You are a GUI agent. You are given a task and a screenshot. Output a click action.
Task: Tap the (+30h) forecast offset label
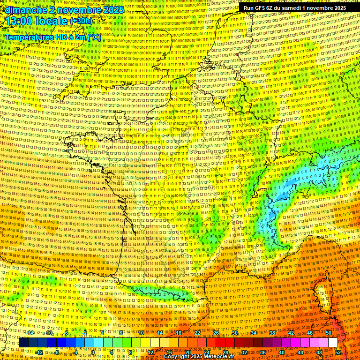81,21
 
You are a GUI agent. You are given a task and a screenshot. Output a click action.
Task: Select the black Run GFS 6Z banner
294,8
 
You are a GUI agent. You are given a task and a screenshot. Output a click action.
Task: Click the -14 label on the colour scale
30,332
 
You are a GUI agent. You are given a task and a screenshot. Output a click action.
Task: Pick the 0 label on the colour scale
93,352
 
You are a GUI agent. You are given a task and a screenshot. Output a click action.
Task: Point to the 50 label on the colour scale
329,332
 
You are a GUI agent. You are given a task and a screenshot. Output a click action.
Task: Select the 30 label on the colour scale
235,332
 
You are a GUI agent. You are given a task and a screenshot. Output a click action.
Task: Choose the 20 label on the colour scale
188,352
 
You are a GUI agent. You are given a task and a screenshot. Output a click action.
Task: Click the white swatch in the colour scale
333,342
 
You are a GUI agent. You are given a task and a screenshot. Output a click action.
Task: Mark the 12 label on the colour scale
150,352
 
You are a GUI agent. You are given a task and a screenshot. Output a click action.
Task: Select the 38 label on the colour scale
272,332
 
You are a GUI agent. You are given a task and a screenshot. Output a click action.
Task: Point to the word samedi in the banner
290,8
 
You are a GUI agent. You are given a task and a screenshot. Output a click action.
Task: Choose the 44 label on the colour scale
300,352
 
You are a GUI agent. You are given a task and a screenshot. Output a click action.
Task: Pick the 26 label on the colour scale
216,332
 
